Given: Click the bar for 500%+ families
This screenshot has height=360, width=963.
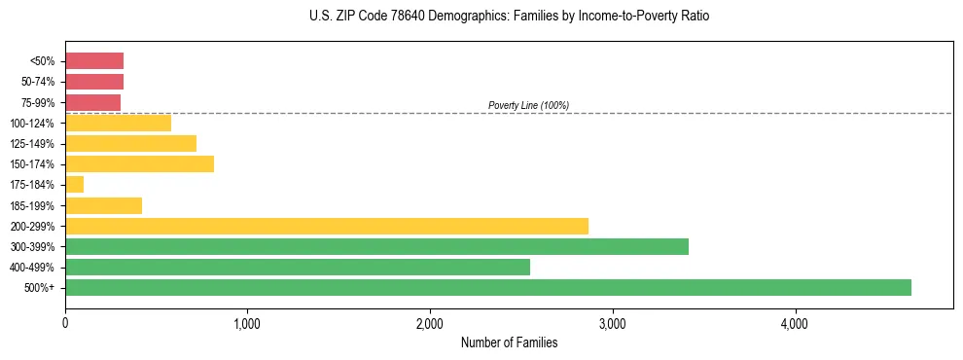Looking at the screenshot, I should tap(487, 287).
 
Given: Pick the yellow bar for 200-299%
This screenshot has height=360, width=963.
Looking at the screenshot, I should tap(327, 226).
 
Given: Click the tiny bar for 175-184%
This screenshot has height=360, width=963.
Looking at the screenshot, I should tap(74, 185).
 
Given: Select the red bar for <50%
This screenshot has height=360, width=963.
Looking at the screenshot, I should tap(94, 61).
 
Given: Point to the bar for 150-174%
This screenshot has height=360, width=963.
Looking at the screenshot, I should tap(139, 164).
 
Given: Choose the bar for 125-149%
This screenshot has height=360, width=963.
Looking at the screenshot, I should tap(130, 144).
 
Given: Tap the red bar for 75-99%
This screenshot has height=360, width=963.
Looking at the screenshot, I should tap(92, 102).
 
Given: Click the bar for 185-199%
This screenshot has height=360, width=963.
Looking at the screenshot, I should tap(103, 205).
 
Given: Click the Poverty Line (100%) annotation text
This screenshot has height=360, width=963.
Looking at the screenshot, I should tap(528, 105).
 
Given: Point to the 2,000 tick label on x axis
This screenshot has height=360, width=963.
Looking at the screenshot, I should tap(430, 324).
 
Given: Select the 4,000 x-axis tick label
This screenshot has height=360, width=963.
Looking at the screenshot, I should tap(795, 324).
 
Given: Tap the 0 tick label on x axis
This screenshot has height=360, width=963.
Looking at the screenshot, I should tap(65, 324).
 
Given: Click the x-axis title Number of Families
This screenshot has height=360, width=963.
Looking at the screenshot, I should tap(509, 342).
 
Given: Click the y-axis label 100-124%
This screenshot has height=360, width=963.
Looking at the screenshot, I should tap(33, 124).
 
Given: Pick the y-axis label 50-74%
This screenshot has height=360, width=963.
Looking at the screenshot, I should tap(37, 82).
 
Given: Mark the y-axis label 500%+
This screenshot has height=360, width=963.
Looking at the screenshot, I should tap(40, 288).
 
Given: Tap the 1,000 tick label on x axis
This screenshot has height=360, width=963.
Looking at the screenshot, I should tap(247, 324).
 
